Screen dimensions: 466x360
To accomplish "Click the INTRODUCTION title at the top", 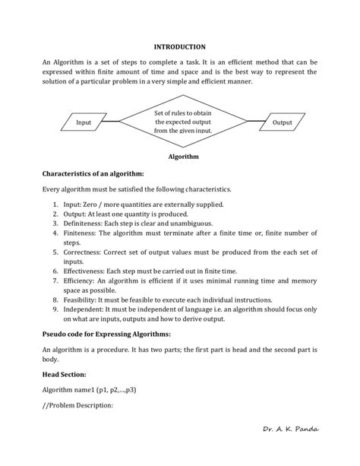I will (x=180, y=47).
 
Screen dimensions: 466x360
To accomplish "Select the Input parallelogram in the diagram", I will (x=83, y=122).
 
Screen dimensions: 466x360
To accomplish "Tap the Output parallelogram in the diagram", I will (x=282, y=122).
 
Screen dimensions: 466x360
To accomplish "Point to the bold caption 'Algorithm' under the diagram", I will (x=183, y=157).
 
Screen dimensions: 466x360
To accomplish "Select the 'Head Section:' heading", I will (x=65, y=374).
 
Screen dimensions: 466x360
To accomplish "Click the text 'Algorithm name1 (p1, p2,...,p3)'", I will (x=89, y=389).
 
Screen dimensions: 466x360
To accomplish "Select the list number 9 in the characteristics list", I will (x=55, y=309).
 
